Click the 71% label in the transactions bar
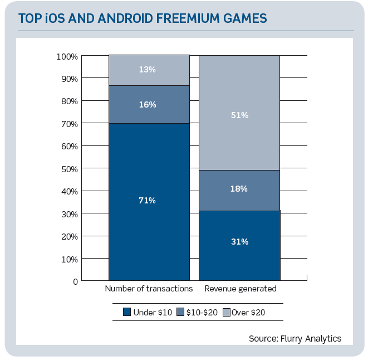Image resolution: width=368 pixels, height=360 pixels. pyautogui.click(x=148, y=201)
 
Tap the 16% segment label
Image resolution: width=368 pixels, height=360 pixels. pyautogui.click(x=148, y=105)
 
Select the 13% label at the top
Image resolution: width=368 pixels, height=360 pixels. pyautogui.click(x=148, y=70)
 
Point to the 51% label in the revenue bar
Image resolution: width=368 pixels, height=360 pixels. pyautogui.click(x=239, y=115)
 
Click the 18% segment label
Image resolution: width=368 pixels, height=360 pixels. pyautogui.click(x=239, y=189)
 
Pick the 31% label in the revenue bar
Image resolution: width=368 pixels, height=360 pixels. pyautogui.click(x=239, y=242)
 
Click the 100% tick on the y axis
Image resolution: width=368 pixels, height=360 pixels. pyautogui.click(x=67, y=56)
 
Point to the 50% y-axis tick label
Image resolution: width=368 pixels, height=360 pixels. pyautogui.click(x=69, y=168)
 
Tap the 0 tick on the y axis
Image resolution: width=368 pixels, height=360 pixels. pyautogui.click(x=75, y=281)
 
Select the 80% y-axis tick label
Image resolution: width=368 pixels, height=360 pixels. pyautogui.click(x=69, y=101)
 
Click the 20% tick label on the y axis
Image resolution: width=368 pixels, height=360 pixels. pyautogui.click(x=69, y=236)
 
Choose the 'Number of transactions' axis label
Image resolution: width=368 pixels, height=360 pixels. pyautogui.click(x=149, y=289)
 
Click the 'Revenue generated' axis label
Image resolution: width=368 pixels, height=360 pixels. pyautogui.click(x=241, y=289)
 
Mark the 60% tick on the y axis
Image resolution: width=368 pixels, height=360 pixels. pyautogui.click(x=69, y=146)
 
